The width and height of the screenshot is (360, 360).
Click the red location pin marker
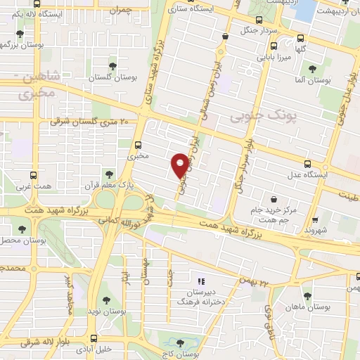(x=180, y=165)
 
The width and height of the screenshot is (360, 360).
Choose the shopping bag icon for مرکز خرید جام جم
(x=272, y=199)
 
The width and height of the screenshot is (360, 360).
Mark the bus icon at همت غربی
(x=34, y=176)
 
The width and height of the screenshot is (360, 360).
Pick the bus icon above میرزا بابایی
(x=267, y=43)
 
